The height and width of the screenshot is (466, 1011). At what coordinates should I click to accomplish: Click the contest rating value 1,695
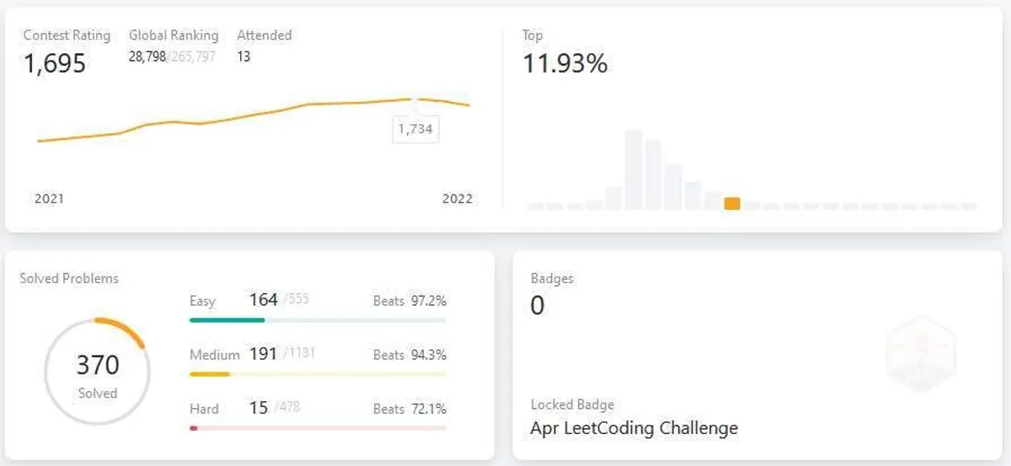[x=55, y=63]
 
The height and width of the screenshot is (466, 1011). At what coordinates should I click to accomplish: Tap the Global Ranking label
[x=174, y=35]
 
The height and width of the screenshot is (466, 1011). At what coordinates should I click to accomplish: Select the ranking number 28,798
[x=147, y=57]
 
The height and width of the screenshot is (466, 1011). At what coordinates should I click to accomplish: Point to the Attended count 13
[x=243, y=57]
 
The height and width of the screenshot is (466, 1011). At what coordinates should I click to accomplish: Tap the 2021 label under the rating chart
[x=49, y=199]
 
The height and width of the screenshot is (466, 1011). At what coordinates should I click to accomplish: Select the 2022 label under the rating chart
[x=457, y=199]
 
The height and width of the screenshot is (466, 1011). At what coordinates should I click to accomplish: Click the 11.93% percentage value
[x=565, y=63]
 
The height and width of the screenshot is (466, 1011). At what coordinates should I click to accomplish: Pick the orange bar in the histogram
[x=732, y=204]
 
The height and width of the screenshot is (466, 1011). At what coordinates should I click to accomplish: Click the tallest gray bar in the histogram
[x=634, y=169]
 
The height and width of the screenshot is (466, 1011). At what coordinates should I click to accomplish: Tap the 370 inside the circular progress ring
[x=98, y=365]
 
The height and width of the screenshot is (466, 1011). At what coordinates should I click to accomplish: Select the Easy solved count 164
[x=263, y=299]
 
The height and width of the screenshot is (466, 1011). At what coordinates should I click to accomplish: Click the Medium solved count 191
[x=263, y=354]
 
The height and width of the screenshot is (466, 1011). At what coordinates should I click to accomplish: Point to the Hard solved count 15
[x=259, y=408]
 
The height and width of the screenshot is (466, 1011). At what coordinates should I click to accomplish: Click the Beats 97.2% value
[x=428, y=301]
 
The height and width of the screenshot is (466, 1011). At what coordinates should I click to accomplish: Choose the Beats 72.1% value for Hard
[x=428, y=409]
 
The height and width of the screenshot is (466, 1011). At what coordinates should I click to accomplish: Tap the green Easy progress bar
[x=227, y=320]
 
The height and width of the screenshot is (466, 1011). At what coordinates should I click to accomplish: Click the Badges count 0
[x=538, y=305]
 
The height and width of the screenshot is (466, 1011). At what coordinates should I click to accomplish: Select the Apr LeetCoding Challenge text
[x=634, y=428]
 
